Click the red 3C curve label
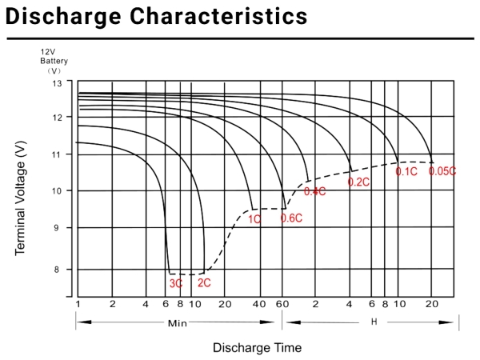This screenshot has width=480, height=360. [x=176, y=283]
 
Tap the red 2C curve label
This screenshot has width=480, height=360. [x=204, y=282]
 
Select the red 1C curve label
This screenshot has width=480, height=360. [x=254, y=218]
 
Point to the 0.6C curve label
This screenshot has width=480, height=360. [x=290, y=218]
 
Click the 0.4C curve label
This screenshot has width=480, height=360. [x=314, y=191]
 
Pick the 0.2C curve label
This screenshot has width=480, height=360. [x=358, y=182]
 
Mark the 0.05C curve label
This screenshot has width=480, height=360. [x=442, y=170]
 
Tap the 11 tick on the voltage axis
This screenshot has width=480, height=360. [x=56, y=154]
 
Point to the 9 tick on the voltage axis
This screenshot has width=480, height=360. [x=56, y=228]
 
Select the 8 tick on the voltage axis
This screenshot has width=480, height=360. [x=56, y=270]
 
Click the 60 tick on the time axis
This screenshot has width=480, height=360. [x=281, y=304]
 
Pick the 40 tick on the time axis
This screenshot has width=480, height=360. [x=258, y=304]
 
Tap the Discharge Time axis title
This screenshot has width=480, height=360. [x=257, y=348]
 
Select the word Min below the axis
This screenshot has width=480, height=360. [x=178, y=323]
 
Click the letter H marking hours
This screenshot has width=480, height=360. [x=374, y=322]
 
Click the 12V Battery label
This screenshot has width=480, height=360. [x=54, y=59]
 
